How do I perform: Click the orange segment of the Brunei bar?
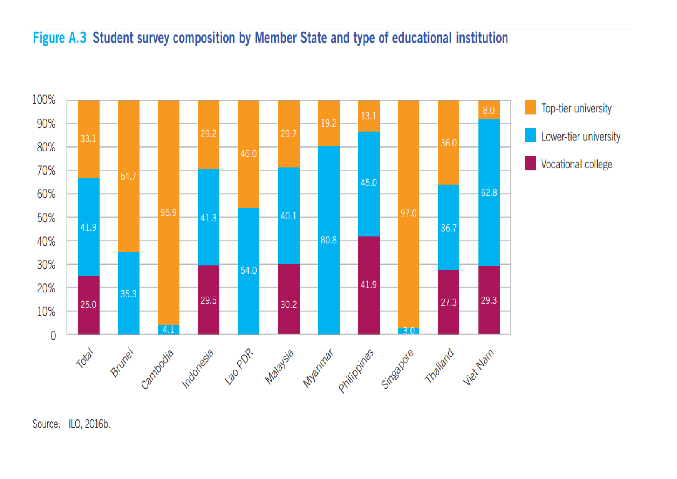pyautogui.click(x=129, y=176)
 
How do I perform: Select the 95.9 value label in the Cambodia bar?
pyautogui.click(x=168, y=212)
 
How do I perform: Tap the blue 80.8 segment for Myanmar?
pyautogui.click(x=329, y=240)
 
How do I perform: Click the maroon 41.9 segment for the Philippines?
pyautogui.click(x=368, y=285)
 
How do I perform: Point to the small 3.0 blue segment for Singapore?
pyautogui.click(x=408, y=331)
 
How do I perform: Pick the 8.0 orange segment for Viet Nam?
pyautogui.click(x=489, y=110)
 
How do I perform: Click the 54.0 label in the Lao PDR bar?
pyautogui.click(x=249, y=271)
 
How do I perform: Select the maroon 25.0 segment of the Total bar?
pyautogui.click(x=89, y=305)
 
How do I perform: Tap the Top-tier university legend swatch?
pyautogui.click(x=530, y=108)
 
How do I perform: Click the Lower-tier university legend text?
pyautogui.click(x=580, y=136)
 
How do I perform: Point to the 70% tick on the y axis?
pyautogui.click(x=46, y=171)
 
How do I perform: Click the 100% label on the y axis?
pyautogui.click(x=44, y=100)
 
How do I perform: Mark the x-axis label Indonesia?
pyautogui.click(x=197, y=369)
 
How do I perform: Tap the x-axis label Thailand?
pyautogui.click(x=439, y=366)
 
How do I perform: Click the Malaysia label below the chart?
pyautogui.click(x=279, y=367)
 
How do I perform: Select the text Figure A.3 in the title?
pyautogui.click(x=60, y=38)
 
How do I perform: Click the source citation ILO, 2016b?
pyautogui.click(x=89, y=424)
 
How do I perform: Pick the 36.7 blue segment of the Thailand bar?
pyautogui.click(x=448, y=228)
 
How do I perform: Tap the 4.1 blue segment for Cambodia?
pyautogui.click(x=168, y=329)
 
